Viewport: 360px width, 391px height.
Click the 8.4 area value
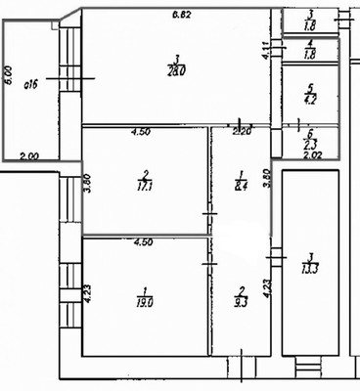point(240,182)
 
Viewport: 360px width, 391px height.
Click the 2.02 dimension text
point(312,154)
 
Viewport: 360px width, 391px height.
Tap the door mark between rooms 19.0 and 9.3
point(207,264)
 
